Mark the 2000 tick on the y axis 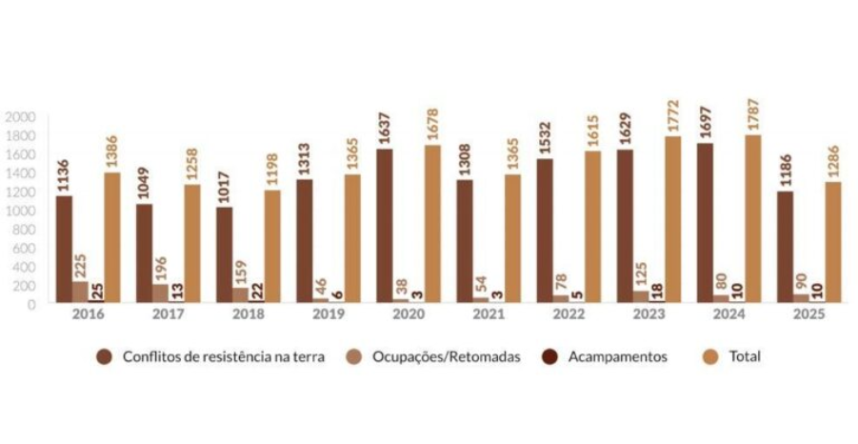[20, 117]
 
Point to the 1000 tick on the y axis [20, 211]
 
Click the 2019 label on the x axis [328, 314]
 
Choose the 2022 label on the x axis [569, 314]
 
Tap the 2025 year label [808, 314]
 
